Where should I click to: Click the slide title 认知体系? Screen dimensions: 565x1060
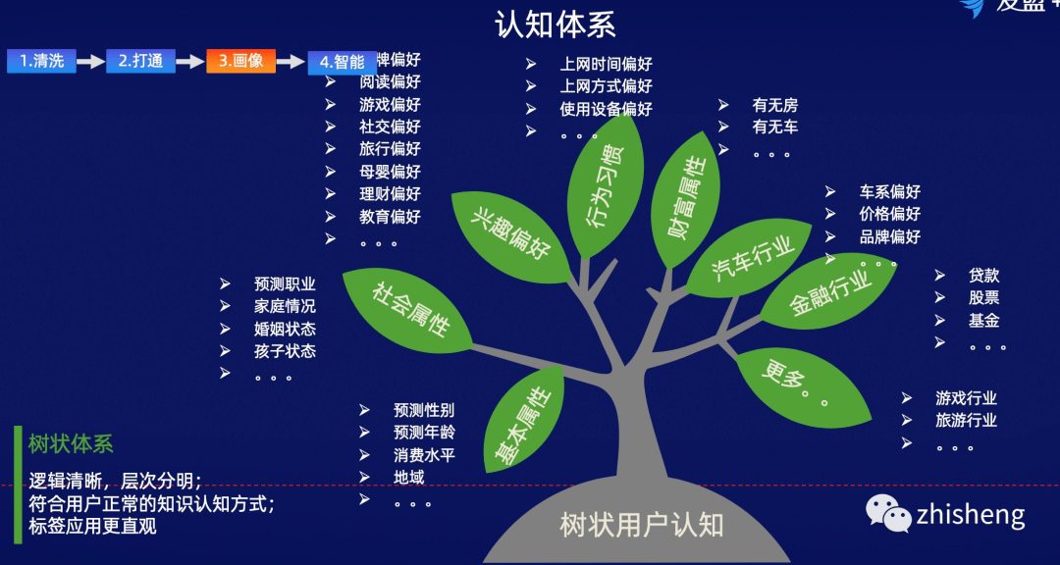point(556,24)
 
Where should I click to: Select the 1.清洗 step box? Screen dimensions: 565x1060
point(41,61)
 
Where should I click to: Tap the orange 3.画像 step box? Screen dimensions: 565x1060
point(240,61)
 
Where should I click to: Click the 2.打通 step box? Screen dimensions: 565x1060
point(140,61)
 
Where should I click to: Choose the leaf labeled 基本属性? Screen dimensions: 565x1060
point(525,422)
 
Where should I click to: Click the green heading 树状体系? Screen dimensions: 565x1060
point(71,443)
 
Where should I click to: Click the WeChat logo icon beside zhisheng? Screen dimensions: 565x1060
point(887,513)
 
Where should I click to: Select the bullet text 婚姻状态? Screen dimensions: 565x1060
point(285,329)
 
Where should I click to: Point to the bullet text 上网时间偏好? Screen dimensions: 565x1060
point(606,64)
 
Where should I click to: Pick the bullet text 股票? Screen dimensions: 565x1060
point(983,297)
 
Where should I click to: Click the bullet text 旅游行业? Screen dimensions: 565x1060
point(966,420)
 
